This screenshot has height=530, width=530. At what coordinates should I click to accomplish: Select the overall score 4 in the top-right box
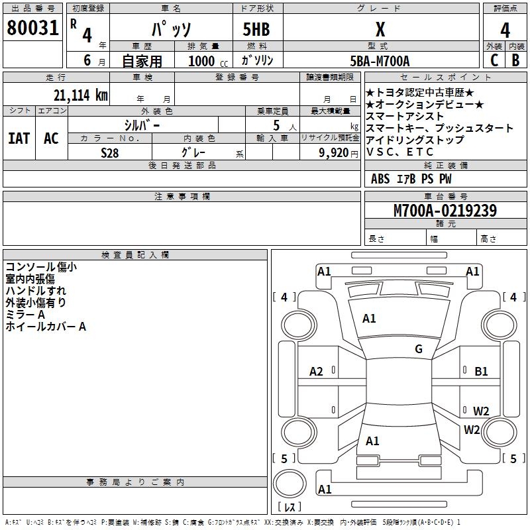point(505,30)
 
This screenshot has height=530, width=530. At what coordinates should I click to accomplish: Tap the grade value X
point(380,30)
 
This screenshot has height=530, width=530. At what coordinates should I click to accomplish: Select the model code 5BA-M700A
point(380,61)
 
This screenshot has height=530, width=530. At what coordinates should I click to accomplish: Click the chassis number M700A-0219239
point(445,211)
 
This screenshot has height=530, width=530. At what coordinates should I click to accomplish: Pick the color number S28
point(110,152)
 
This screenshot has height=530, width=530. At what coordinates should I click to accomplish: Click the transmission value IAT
point(19,138)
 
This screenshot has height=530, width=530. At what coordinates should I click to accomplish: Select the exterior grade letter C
point(494,60)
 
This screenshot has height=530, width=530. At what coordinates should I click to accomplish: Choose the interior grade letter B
point(515,60)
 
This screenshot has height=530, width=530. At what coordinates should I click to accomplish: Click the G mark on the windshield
point(419,349)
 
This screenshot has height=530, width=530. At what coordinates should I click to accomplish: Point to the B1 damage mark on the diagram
point(481,372)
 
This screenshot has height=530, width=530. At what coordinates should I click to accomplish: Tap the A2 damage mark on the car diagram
point(317,372)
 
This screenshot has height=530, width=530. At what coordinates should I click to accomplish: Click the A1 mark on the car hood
point(369,319)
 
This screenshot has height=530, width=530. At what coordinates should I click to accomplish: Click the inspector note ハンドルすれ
point(36,291)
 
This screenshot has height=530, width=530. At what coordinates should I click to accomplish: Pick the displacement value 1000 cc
point(207,61)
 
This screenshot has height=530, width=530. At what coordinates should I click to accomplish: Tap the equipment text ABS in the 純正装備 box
point(380,179)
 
